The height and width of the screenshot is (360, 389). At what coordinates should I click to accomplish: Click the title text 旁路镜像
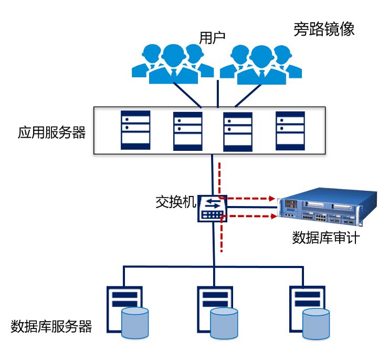pyautogui.click(x=323, y=29)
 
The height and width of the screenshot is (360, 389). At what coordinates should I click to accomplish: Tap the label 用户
pyautogui.click(x=212, y=38)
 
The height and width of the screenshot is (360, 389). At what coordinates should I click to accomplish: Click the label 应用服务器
pyautogui.click(x=51, y=132)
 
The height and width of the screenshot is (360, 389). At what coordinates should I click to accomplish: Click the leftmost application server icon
pyautogui.click(x=135, y=129)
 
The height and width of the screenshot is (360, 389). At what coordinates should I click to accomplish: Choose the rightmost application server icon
pyautogui.click(x=290, y=129)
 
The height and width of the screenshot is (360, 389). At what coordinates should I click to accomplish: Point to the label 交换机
pyautogui.click(x=176, y=202)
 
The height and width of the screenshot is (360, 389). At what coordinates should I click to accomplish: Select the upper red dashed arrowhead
pyautogui.click(x=272, y=199)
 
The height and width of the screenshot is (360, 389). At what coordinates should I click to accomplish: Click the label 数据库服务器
pyautogui.click(x=51, y=326)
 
